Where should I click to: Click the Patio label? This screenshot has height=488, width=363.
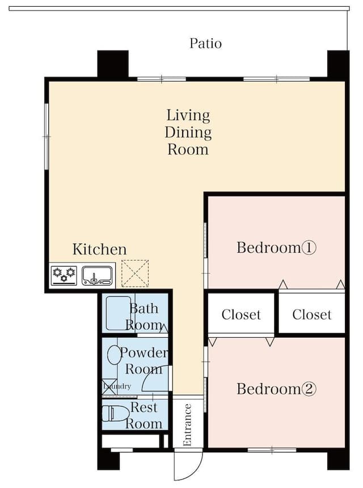[x=206, y=43]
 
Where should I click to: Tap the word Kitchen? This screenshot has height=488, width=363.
[x=100, y=249]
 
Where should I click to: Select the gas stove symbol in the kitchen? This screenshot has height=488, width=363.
[x=64, y=275]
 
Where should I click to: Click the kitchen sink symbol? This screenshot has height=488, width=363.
[x=97, y=276]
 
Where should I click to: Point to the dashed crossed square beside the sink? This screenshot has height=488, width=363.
[x=135, y=273]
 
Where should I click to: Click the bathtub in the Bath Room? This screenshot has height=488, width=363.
[x=119, y=313]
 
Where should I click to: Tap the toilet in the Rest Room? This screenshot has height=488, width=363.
[x=116, y=413]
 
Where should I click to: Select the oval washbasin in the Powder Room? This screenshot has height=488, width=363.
[x=115, y=355]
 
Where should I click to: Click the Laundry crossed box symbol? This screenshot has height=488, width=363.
[x=109, y=387]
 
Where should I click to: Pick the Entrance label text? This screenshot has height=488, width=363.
[x=187, y=425]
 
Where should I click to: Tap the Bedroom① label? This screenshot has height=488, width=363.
[x=276, y=248]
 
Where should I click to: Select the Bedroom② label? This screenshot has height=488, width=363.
[x=276, y=389]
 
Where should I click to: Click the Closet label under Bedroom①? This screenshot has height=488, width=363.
[x=312, y=315]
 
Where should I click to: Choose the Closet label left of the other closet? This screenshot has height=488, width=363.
[x=241, y=315]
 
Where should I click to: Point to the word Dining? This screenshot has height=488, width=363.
[x=188, y=133]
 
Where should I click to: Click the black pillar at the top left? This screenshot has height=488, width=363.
[x=113, y=64]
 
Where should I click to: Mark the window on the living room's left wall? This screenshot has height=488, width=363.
[x=47, y=137]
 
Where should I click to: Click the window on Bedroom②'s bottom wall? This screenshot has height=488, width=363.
[x=272, y=449]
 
